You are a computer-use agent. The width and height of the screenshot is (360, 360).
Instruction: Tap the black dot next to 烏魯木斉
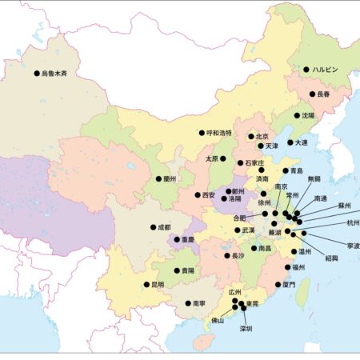(x=36, y=74)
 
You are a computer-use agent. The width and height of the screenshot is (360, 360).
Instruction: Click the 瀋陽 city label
(x=308, y=115)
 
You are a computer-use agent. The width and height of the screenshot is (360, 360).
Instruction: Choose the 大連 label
(x=302, y=142)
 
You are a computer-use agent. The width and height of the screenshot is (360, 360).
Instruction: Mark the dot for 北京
(x=250, y=137)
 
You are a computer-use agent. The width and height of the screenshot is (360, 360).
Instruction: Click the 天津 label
(x=271, y=146)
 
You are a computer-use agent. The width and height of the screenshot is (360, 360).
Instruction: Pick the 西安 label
(x=209, y=194)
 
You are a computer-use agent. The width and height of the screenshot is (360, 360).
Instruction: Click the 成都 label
(x=164, y=227)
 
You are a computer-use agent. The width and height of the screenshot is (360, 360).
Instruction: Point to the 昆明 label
(x=157, y=284)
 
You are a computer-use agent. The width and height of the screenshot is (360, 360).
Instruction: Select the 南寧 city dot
(x=187, y=303)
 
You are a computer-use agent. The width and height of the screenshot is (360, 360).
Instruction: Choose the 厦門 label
(x=289, y=284)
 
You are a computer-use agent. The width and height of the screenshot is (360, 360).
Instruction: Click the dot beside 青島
(x=284, y=170)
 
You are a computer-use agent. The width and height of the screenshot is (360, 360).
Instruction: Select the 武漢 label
(x=248, y=230)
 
